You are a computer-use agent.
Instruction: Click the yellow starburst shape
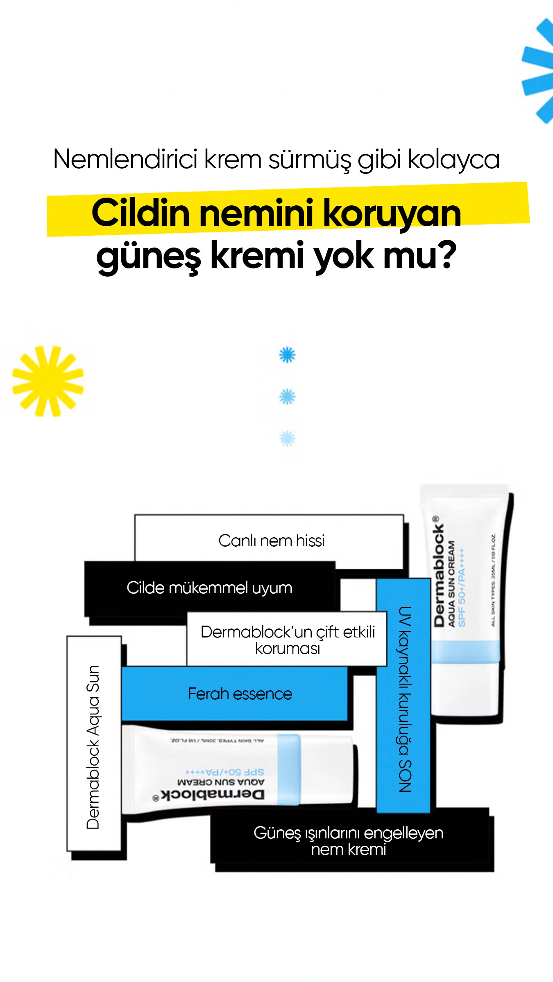click(48, 381)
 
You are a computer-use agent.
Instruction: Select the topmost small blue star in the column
click(287, 355)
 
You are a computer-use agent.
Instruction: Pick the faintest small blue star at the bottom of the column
click(287, 439)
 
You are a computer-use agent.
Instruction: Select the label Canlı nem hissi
click(271, 541)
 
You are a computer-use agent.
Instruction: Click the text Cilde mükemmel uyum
click(209, 588)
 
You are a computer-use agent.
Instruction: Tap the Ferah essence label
click(240, 694)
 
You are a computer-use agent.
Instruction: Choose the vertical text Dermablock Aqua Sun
click(93, 747)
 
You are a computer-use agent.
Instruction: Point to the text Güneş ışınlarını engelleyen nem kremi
click(349, 841)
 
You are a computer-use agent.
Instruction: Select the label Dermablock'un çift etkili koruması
click(288, 640)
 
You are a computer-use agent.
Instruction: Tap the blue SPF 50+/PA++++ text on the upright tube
click(462, 587)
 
